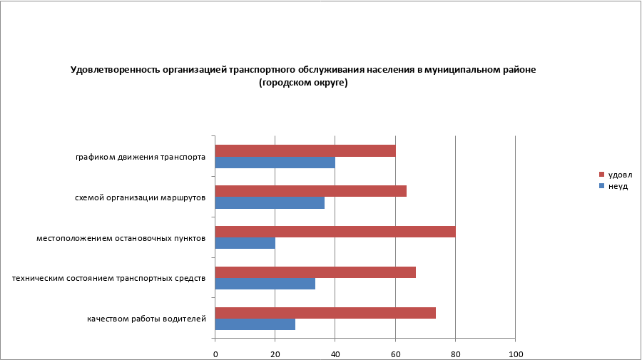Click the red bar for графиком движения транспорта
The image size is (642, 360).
pos(305,150)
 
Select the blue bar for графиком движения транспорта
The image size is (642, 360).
pos(275,163)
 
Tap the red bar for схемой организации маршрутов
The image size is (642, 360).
pos(310,191)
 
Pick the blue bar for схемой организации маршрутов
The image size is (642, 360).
pos(270,202)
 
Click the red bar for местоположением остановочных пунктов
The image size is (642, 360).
pos(335,232)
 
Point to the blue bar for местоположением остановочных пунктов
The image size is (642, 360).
pos(245,243)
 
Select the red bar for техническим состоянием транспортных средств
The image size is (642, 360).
pos(315,272)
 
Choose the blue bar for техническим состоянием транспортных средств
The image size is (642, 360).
pos(265,284)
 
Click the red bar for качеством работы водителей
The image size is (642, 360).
pos(325,313)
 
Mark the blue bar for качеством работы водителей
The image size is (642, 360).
pos(255,324)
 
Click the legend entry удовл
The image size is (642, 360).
pos(619,175)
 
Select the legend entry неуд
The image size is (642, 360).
pos(617,186)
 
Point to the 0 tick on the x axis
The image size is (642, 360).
pos(215,354)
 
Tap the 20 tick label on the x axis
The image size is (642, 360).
pos(275,354)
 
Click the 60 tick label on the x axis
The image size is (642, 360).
pos(395,354)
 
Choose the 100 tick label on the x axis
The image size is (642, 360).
pos(515,354)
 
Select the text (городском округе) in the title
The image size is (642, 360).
pos(302,83)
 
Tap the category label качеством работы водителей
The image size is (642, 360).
pos(146,319)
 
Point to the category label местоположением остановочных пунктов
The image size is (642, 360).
pos(121,237)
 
